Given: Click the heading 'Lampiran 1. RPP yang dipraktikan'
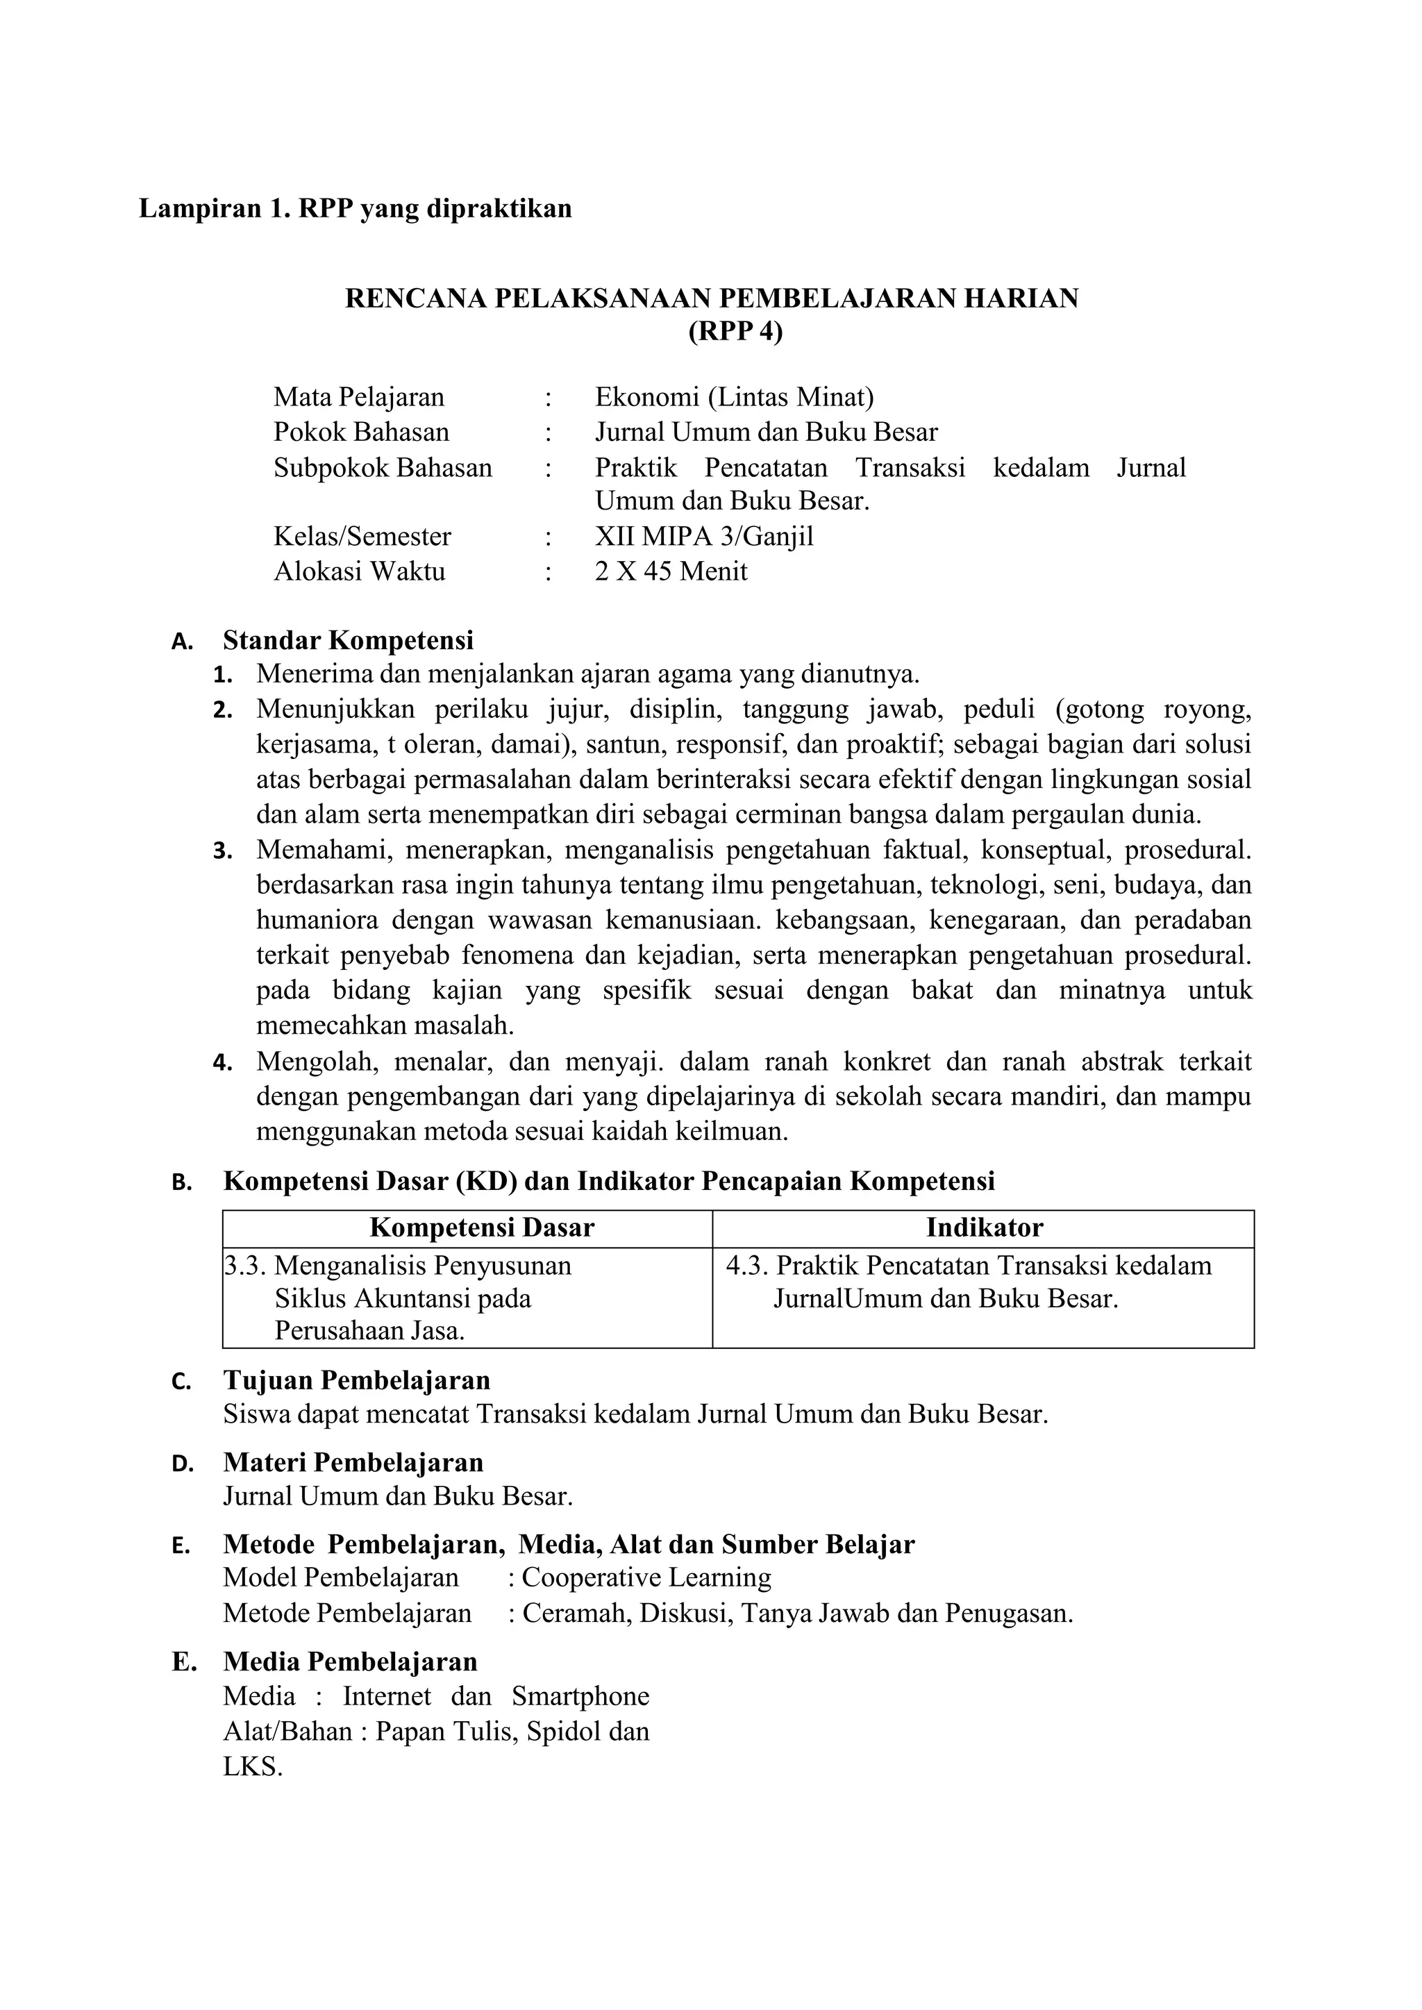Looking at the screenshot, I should pyautogui.click(x=355, y=208).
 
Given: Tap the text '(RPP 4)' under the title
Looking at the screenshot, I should pyautogui.click(x=710, y=333).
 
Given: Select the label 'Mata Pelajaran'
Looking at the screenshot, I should pyautogui.click(x=359, y=397).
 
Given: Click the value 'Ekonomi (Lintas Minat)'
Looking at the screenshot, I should pyautogui.click(x=734, y=397).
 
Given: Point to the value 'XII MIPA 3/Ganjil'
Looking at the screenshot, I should pyautogui.click(x=704, y=537).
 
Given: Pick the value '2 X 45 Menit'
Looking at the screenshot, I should pyautogui.click(x=671, y=571).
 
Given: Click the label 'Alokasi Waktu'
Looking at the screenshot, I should pyautogui.click(x=359, y=571).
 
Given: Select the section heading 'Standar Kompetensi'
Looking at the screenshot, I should pyautogui.click(x=348, y=640).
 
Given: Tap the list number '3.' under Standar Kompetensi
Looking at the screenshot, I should pyautogui.click(x=222, y=851).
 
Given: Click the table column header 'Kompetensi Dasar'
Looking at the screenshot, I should pyautogui.click(x=482, y=1228).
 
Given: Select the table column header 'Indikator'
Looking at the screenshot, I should pyautogui.click(x=984, y=1228).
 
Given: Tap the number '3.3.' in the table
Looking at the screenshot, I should pyautogui.click(x=246, y=1266).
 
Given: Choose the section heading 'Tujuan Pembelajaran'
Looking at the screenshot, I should pyautogui.click(x=356, y=1380).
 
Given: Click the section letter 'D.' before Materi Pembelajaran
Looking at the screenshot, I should pyautogui.click(x=181, y=1464).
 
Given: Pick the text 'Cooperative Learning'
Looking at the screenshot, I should pyautogui.click(x=646, y=1577).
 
